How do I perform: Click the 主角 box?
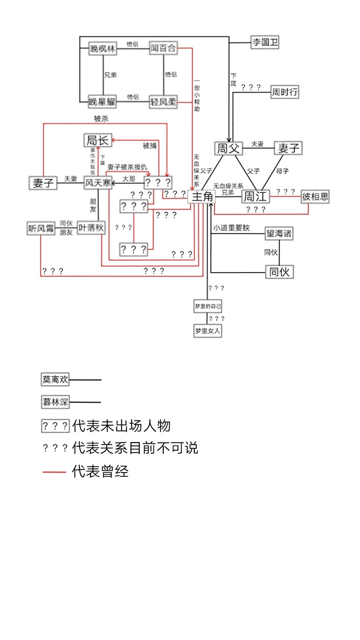point(202,197)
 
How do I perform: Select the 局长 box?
point(97,140)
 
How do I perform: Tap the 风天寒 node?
point(97,183)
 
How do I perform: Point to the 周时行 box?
point(284,92)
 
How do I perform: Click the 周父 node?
point(228,148)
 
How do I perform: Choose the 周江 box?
point(254,197)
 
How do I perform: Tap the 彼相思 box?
point(315,197)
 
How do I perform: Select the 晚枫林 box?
point(102,49)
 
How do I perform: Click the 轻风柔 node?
point(163,101)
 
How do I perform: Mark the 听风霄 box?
point(41,228)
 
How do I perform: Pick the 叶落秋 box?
point(91,228)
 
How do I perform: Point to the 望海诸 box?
point(279,233)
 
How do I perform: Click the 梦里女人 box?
point(207,331)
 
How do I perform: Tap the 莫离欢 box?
point(55,380)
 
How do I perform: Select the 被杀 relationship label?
point(101,118)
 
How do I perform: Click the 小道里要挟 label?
point(231,228)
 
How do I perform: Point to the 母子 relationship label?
point(282,171)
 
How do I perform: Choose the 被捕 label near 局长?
point(150,145)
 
